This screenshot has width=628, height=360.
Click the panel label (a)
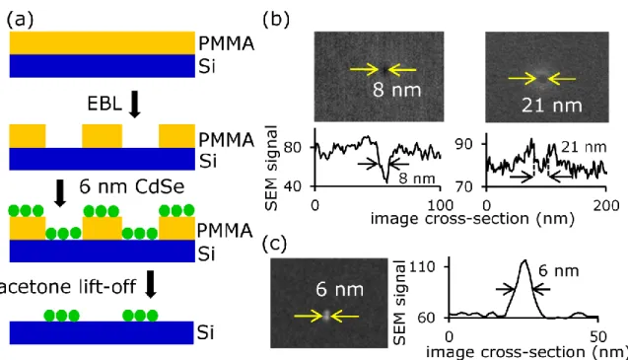coord(20,19)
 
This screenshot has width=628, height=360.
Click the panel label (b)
coord(276,19)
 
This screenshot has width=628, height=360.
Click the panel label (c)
coord(275,244)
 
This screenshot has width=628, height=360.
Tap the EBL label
coord(105,105)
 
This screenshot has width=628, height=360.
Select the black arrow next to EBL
coord(135,105)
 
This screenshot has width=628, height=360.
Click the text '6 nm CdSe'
coord(132,186)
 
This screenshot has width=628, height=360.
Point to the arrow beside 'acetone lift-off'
coord(151,284)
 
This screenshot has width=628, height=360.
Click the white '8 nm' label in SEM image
coord(397,90)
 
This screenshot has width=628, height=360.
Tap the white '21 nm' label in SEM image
coord(552,106)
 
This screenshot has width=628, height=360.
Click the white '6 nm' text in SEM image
coord(339,289)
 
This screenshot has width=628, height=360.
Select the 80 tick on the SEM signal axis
coord(293,148)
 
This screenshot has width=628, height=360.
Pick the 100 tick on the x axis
coord(440,205)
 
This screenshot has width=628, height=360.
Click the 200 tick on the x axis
coord(606,205)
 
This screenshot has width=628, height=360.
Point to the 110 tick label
coord(431,266)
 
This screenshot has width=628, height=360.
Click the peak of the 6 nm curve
coord(524,260)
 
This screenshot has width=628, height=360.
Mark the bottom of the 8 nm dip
coord(386,182)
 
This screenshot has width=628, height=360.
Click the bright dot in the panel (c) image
coord(327,315)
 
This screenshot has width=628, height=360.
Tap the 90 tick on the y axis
coord(463,144)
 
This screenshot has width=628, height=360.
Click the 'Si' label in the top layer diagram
coord(207,66)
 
